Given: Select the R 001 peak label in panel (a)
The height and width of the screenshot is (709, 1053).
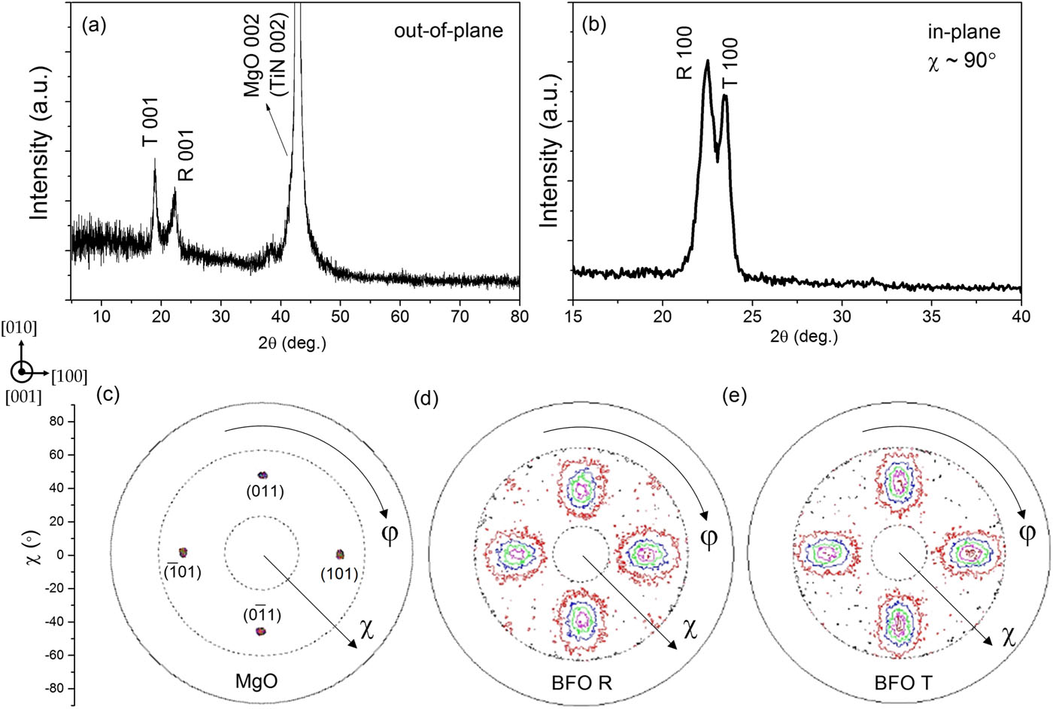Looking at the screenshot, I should (x=185, y=155).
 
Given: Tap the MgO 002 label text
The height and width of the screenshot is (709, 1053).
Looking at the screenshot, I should (x=253, y=55).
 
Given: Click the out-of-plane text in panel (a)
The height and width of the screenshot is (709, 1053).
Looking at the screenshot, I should (x=448, y=32).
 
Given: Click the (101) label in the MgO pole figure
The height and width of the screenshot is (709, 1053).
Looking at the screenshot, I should (x=338, y=573).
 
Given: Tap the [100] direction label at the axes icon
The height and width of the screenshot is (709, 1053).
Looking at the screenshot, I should (x=69, y=375).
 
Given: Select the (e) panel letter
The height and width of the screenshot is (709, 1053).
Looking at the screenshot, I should (x=734, y=395).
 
